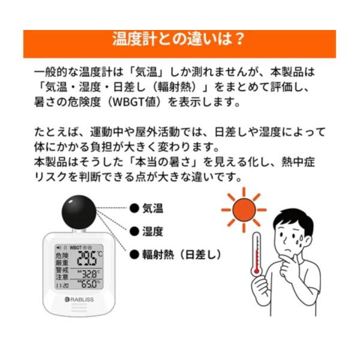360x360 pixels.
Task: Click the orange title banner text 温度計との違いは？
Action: (178, 39)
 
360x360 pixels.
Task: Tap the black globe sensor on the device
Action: (79, 212)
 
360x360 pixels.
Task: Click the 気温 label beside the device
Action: (152, 208)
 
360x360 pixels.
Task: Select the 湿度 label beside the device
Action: (152, 231)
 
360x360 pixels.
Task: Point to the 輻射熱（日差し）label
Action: (182, 254)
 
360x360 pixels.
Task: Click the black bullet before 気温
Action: (134, 208)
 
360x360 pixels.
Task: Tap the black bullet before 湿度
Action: (134, 231)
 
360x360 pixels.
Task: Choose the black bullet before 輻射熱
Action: (134, 254)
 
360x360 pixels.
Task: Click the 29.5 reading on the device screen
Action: (87, 259)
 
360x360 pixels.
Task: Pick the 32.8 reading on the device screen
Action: (89, 274)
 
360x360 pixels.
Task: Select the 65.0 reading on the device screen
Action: (89, 284)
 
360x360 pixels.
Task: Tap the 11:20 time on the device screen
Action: (62, 286)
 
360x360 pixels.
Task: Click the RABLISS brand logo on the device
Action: (79, 299)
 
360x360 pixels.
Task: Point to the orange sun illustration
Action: (244, 209)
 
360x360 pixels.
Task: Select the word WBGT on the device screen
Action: (76, 247)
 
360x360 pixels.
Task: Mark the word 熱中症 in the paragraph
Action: (298, 162)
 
